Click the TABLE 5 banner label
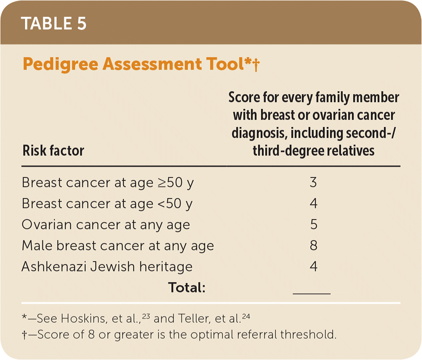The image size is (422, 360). click(53, 24)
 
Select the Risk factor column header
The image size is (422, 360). click(53, 151)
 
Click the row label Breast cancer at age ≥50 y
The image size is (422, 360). click(108, 183)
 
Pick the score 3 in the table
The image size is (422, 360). click(313, 183)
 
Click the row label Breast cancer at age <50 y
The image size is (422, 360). click(107, 204)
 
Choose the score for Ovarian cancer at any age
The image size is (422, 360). click(313, 225)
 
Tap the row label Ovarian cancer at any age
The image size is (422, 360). click(106, 225)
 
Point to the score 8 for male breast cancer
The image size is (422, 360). click(313, 245)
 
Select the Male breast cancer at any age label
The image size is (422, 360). click(118, 246)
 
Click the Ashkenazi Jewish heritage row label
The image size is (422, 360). click(107, 267)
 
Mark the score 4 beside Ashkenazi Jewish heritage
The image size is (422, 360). click(313, 266)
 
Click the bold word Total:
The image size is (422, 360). click(187, 287)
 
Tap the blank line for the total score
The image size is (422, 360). click(312, 294)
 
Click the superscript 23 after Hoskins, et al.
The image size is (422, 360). click(146, 316)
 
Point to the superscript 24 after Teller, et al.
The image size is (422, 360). click(246, 316)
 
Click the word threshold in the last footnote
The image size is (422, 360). click(308, 335)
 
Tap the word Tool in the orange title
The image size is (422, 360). click(225, 64)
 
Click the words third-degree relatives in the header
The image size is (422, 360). click(313, 151)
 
